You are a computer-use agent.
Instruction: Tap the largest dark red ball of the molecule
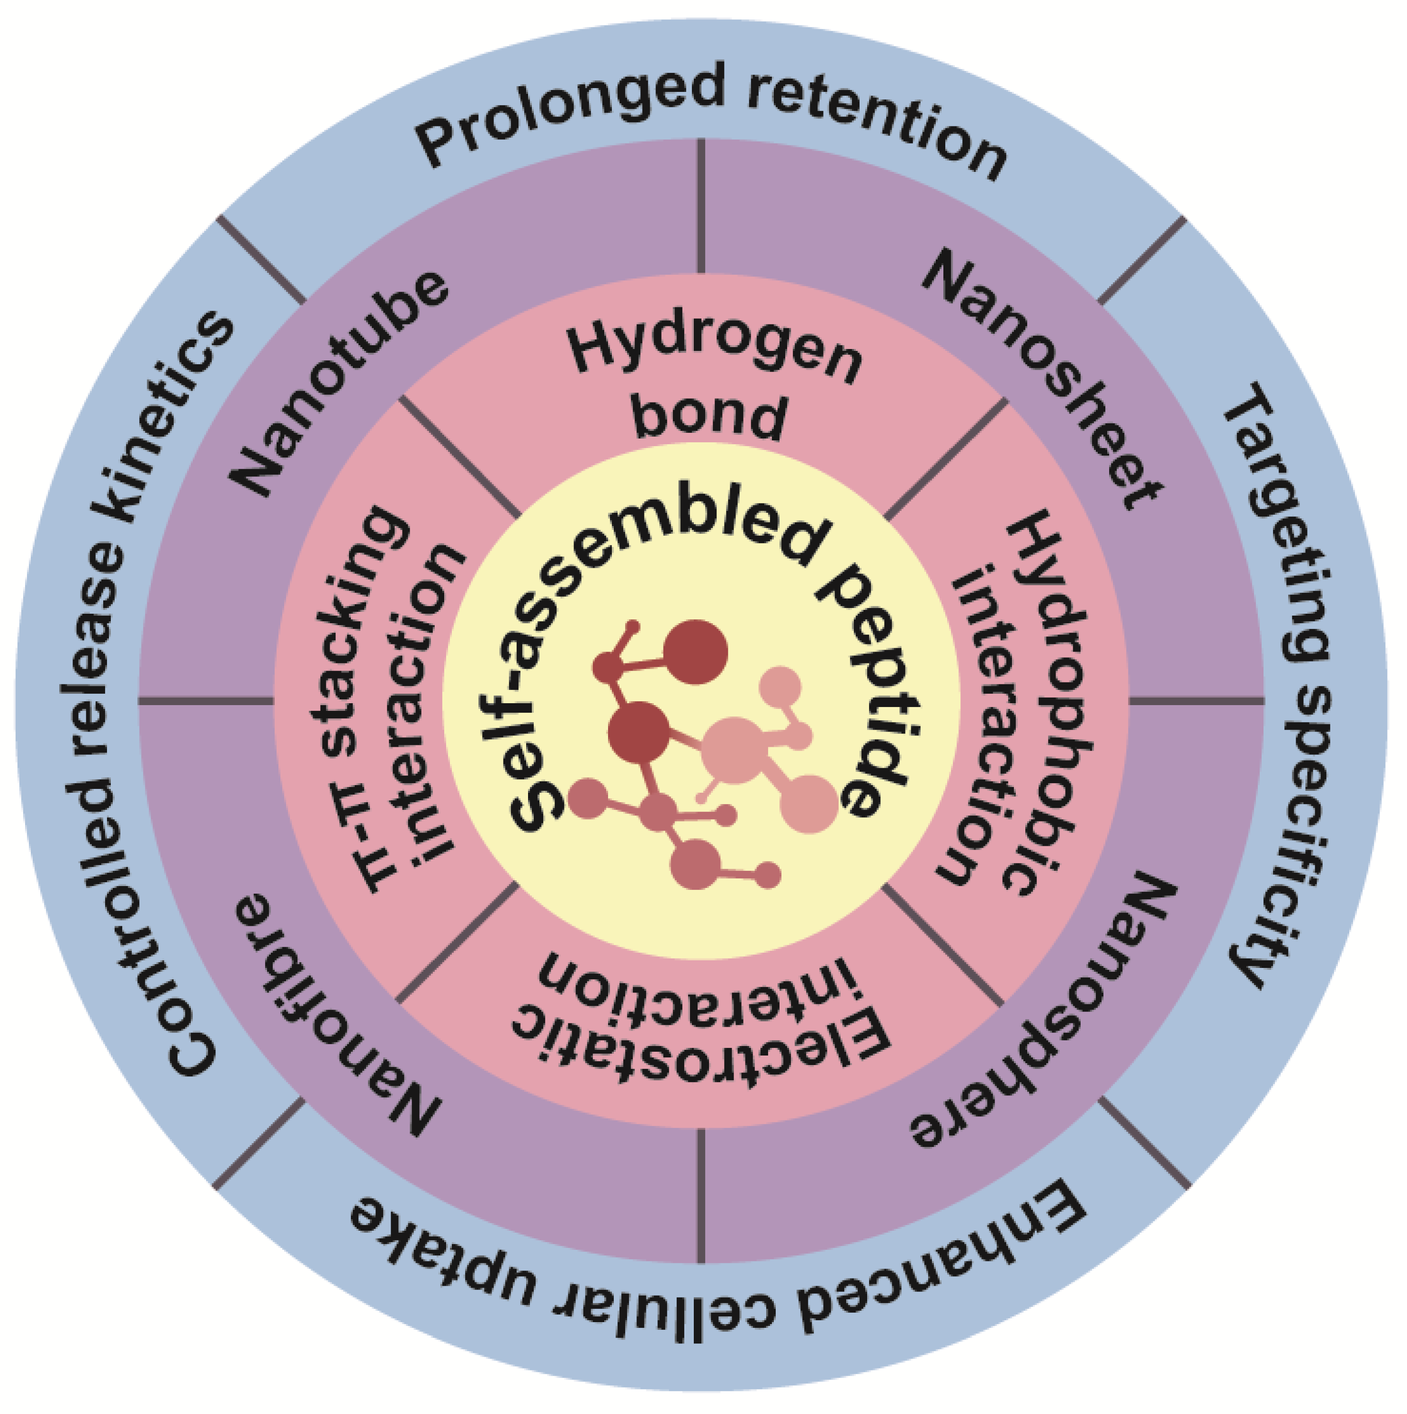click(x=695, y=652)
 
